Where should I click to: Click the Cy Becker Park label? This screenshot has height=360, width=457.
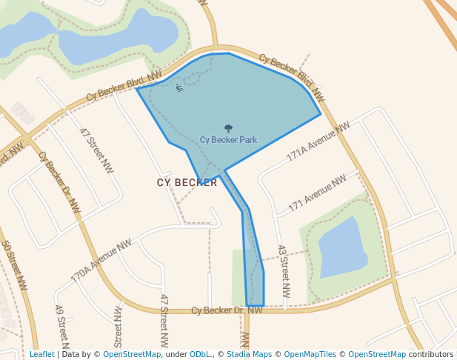click(228, 140)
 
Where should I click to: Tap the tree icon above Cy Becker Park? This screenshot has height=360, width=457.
click(228, 128)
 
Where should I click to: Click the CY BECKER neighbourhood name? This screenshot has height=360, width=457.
click(187, 182)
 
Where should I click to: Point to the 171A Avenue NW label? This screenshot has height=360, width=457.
click(318, 142)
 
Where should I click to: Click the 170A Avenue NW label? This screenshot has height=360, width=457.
click(101, 260)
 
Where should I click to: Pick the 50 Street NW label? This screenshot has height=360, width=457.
click(14, 264)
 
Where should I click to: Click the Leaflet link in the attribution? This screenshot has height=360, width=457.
click(41, 355)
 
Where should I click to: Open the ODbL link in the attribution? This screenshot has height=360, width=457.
click(200, 355)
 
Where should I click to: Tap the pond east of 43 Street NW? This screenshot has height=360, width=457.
click(341, 248)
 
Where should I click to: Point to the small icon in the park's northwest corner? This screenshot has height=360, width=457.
click(179, 88)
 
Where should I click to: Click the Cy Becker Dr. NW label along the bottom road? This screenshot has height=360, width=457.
click(227, 310)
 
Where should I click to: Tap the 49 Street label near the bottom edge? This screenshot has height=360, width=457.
click(61, 326)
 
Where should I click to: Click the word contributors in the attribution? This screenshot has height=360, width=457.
click(430, 355)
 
